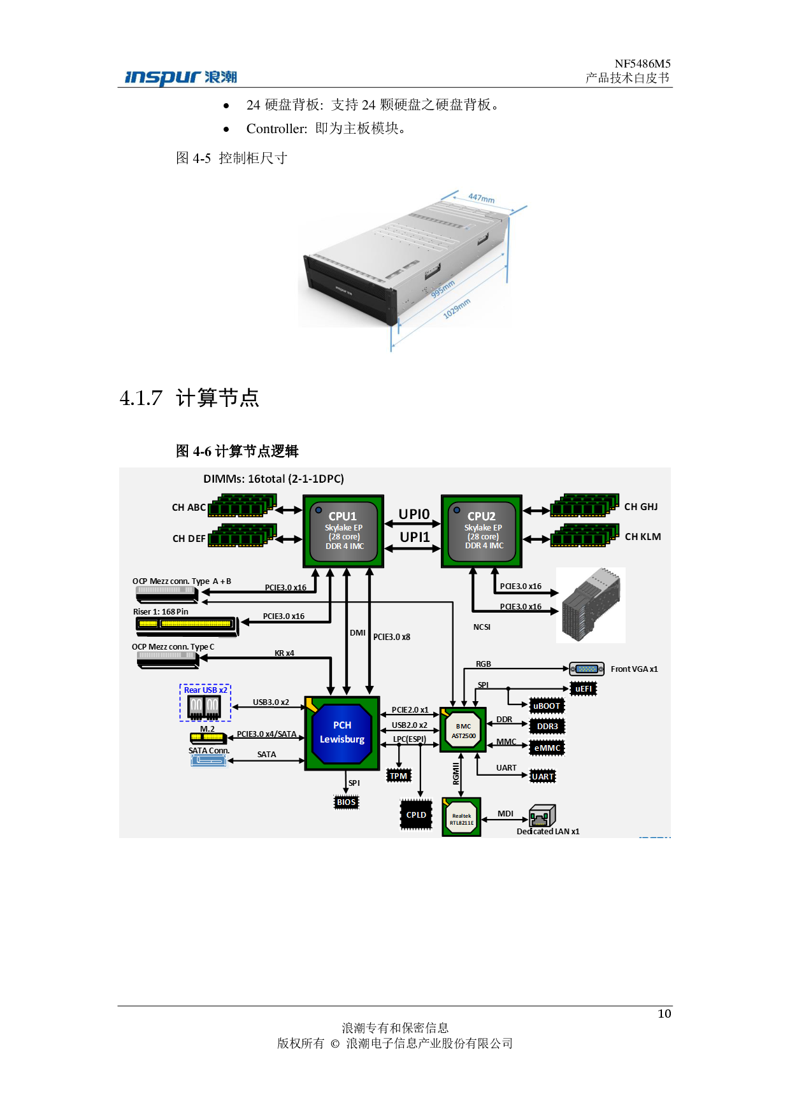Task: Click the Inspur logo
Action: point(181,78)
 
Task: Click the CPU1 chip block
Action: point(343,531)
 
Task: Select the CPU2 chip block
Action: point(482,531)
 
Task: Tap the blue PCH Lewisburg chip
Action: point(342,732)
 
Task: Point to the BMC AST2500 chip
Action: point(463,730)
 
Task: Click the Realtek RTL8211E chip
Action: point(462,818)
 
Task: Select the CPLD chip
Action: point(416,815)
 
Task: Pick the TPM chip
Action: point(399,776)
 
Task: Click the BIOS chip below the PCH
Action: point(347,802)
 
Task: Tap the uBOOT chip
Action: point(547,706)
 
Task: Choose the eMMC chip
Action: point(547,748)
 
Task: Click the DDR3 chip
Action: point(547,727)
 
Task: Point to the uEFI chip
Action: point(584,689)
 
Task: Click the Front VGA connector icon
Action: point(587,669)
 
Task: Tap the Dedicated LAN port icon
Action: point(542,816)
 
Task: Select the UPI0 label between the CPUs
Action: point(414,514)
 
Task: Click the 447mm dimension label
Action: point(481,198)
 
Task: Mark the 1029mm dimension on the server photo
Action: point(457,308)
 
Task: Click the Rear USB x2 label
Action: point(205,690)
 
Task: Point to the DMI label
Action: point(357,633)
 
